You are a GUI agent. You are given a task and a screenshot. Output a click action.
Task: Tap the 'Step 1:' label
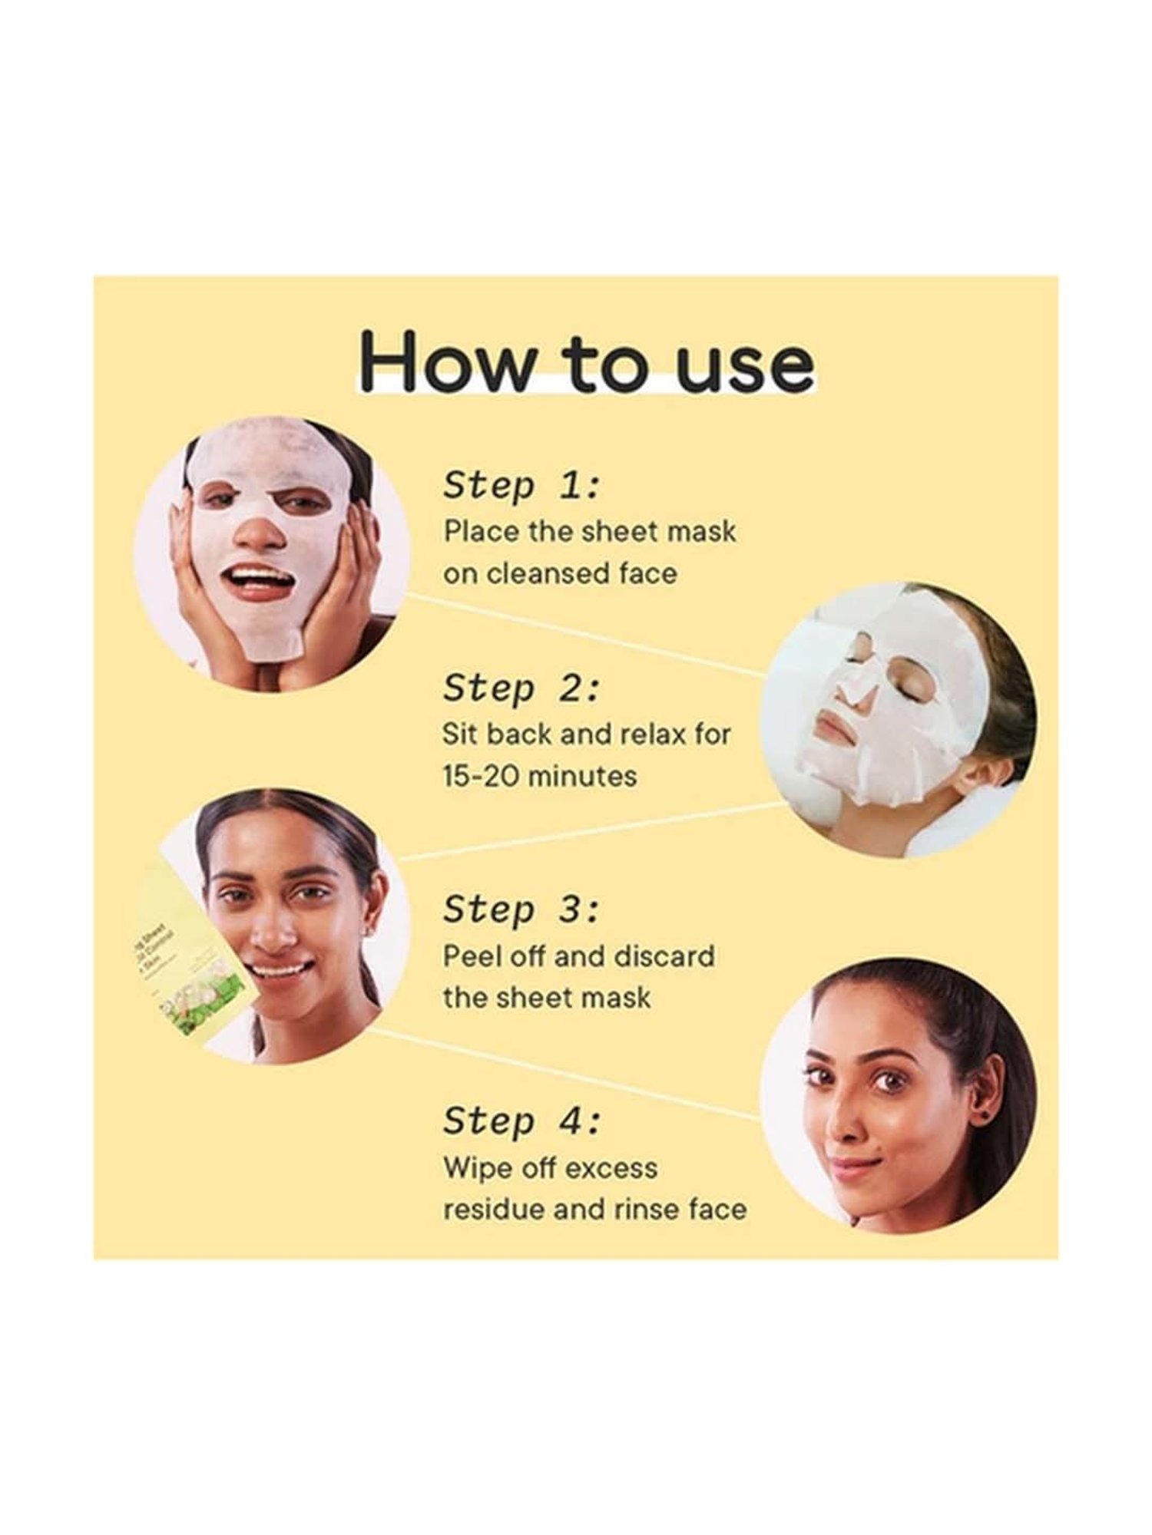coord(521,486)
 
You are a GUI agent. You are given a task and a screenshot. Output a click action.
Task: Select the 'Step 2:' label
coord(521,688)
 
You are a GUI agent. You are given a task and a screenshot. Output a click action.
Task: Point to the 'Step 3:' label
coord(521,909)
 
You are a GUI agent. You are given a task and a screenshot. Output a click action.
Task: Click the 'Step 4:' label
coord(521,1121)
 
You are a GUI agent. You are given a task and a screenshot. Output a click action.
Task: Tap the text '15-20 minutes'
coord(539,776)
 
